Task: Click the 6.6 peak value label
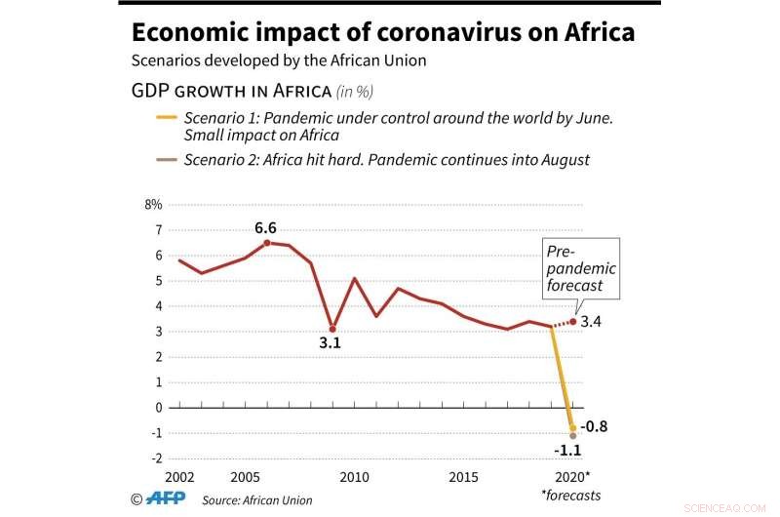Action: pos(266,228)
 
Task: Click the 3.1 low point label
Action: pos(331,344)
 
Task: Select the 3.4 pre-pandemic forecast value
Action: pos(591,321)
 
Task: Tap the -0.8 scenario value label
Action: pos(594,426)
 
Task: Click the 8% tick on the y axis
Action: pos(153,205)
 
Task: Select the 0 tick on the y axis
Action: pos(158,408)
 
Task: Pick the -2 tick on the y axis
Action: pos(156,458)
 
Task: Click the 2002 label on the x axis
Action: pos(178,477)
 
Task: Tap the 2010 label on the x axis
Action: pos(354,477)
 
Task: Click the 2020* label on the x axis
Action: pos(575,477)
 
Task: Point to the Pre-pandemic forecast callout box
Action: pos(581,267)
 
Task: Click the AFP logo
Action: pos(166,498)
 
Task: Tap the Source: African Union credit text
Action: pos(257,499)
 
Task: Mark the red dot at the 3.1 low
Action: pos(332,329)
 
